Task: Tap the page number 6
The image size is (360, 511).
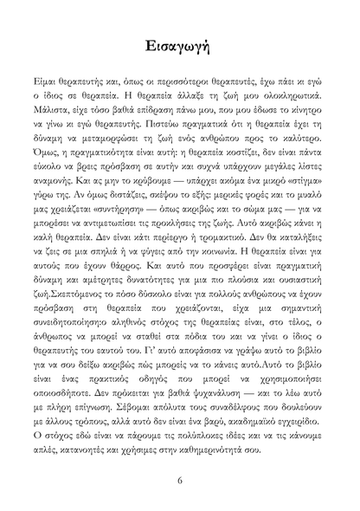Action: [x=179, y=481]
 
